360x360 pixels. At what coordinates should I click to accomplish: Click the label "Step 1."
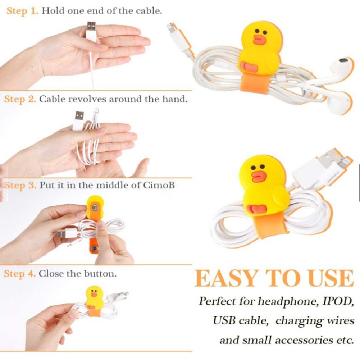(22, 10)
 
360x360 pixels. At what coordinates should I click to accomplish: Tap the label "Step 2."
(20, 99)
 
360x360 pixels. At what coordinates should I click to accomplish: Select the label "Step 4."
(20, 274)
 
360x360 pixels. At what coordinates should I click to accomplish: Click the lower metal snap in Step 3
(94, 249)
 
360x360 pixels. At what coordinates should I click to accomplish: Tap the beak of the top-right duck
(259, 39)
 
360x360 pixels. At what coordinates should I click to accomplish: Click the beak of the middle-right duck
(259, 176)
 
